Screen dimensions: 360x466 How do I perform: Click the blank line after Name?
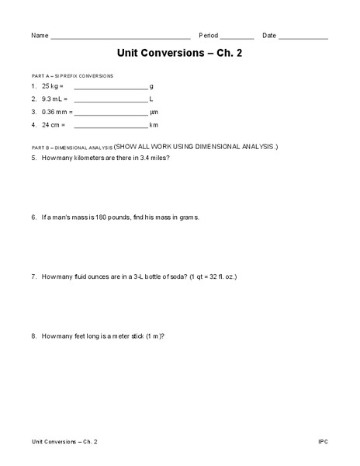[x=120, y=37]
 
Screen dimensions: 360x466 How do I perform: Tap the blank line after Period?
[x=237, y=37]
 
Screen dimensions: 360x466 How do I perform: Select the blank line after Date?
[x=303, y=37]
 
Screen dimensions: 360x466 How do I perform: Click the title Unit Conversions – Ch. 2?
[x=179, y=55]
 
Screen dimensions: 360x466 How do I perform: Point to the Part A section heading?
[x=72, y=76]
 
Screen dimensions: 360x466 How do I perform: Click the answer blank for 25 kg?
[x=110, y=88]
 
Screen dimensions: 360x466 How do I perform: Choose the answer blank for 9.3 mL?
[x=110, y=100]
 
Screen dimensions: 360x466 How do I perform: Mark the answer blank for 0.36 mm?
[x=110, y=113]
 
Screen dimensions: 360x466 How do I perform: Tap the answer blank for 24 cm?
[x=110, y=125]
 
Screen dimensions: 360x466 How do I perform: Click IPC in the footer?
[x=323, y=442]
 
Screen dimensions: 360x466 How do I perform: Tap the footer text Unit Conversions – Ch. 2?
[x=64, y=442]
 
